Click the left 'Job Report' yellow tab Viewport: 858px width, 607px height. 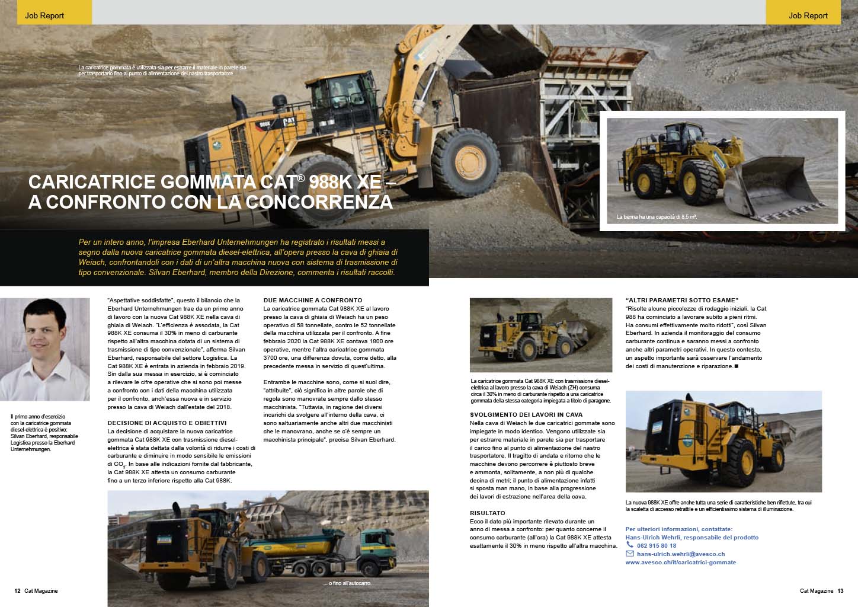click(x=45, y=15)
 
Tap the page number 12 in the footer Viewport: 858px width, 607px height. click(x=18, y=590)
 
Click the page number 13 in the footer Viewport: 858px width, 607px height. click(x=840, y=590)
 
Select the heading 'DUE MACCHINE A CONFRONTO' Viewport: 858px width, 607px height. click(x=312, y=301)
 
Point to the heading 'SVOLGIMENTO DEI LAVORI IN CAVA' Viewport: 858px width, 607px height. click(x=526, y=415)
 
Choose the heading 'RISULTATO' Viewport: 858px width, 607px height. click(x=487, y=513)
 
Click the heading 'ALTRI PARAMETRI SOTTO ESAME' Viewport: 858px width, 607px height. click(x=683, y=300)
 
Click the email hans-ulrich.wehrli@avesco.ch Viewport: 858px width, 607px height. click(x=681, y=554)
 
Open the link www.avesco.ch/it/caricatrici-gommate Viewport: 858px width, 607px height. click(x=680, y=562)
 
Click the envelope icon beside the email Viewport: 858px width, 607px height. click(x=630, y=554)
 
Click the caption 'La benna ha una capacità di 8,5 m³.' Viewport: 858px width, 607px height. click(x=656, y=218)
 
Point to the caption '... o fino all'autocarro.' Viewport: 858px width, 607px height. click(x=347, y=584)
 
